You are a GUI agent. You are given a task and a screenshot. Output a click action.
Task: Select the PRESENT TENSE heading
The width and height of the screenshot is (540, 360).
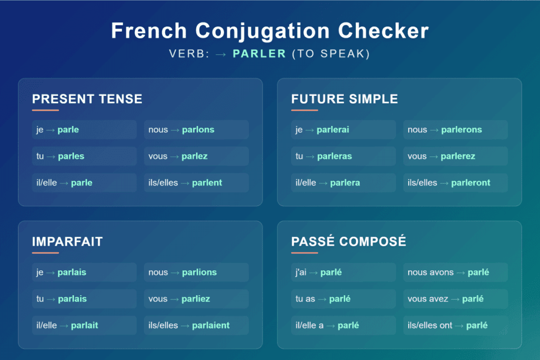tap(87, 99)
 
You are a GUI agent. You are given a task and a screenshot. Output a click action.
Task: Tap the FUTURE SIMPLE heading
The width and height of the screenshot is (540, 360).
tap(344, 99)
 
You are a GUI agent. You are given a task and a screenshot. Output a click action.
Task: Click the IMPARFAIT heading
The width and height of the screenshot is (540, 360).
tap(67, 242)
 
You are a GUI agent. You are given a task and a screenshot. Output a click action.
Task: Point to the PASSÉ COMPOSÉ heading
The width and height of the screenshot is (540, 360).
tap(349, 242)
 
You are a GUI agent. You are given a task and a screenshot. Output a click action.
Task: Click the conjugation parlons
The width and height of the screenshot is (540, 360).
tap(198, 130)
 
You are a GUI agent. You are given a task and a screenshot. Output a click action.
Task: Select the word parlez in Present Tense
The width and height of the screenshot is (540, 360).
tap(195, 156)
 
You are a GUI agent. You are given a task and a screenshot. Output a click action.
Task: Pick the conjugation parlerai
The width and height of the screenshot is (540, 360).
tap(333, 130)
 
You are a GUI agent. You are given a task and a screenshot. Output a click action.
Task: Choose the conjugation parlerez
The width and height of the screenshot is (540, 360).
tap(458, 156)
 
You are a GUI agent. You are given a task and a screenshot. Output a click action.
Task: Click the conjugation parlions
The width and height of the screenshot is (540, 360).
tap(199, 273)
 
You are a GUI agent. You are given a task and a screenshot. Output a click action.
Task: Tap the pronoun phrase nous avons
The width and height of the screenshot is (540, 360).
tap(430, 273)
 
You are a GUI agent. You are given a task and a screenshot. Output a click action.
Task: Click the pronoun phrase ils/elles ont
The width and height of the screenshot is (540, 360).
tap(430, 325)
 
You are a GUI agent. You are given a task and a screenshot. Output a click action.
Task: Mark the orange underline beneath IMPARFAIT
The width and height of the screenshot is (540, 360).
tap(45, 253)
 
